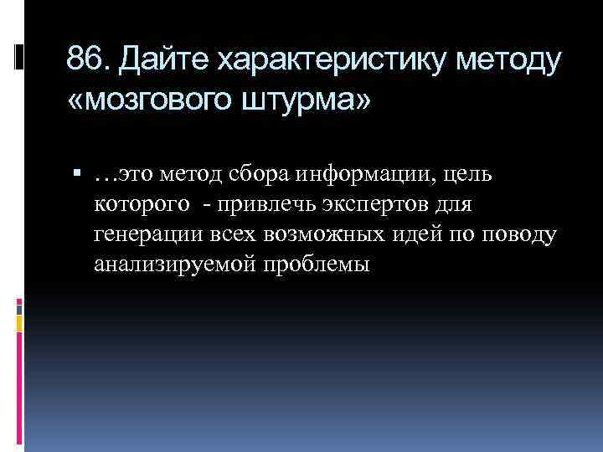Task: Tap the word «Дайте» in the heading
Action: coord(161,61)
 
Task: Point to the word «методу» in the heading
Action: coord(512,61)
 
